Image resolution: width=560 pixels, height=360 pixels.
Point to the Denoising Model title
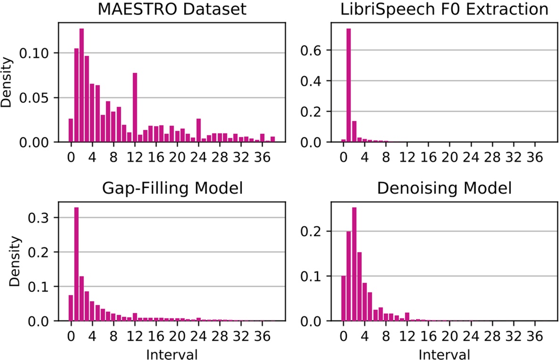click(x=444, y=189)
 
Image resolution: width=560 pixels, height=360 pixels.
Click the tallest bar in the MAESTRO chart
click(x=82, y=85)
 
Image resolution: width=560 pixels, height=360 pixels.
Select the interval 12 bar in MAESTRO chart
click(x=135, y=108)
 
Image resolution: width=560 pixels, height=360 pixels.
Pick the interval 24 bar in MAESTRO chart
click(x=199, y=130)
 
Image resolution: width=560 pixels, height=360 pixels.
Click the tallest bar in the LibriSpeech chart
click(x=349, y=85)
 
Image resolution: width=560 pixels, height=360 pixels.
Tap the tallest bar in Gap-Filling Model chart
click(x=76, y=264)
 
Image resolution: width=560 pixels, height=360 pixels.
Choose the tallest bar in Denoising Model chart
click(x=354, y=264)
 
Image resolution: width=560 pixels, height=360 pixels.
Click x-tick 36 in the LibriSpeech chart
click(x=535, y=155)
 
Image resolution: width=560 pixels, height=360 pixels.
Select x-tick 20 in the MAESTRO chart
click(x=177, y=155)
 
